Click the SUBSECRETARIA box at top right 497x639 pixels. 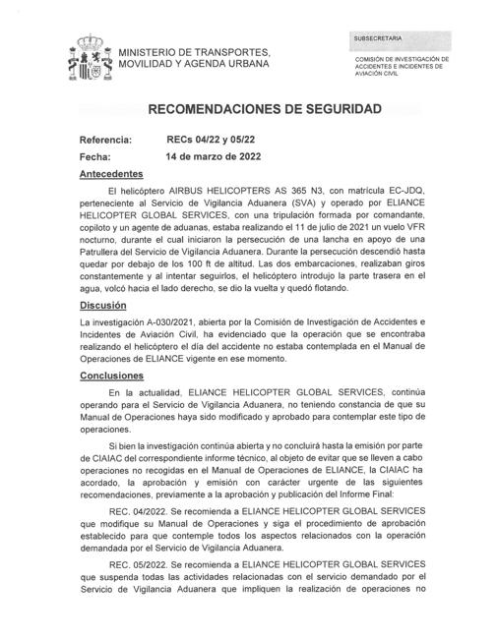point(399,38)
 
